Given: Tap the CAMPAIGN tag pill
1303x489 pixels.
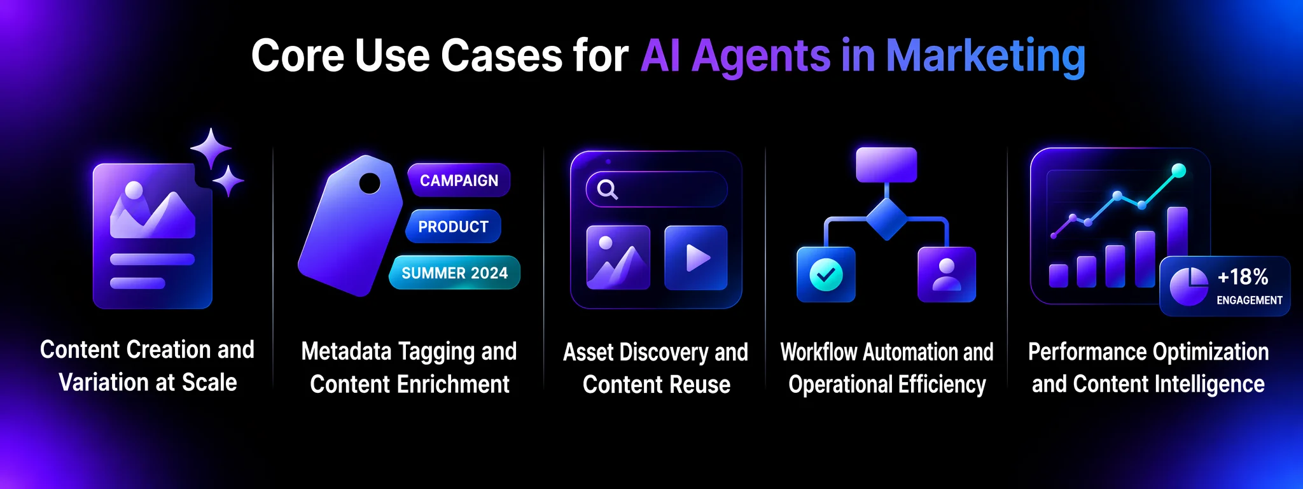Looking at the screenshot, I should click(459, 181).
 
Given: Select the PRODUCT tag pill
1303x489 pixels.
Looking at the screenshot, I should click(453, 227).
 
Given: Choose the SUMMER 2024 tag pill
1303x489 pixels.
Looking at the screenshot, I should click(454, 273).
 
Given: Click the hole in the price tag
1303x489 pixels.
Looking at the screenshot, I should click(370, 183).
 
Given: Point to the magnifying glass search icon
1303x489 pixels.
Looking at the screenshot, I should click(607, 189).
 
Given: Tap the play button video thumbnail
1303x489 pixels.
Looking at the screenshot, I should click(695, 258).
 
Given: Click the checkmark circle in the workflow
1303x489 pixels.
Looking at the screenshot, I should click(826, 275).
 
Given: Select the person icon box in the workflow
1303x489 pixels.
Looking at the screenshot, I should click(947, 275).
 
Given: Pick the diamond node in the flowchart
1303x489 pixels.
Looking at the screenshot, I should click(886, 219).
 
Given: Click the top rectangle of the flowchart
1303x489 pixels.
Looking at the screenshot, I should click(886, 165).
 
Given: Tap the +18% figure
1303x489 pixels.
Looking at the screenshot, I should click(1243, 277).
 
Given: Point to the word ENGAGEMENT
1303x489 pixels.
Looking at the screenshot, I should click(1250, 300).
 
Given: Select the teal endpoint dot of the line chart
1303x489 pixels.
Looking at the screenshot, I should click(1178, 171).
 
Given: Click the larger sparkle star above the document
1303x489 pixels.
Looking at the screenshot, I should click(211, 148).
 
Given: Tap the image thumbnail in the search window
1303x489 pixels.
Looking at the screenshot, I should click(618, 258).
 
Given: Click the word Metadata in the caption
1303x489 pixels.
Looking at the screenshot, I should click(346, 351).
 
